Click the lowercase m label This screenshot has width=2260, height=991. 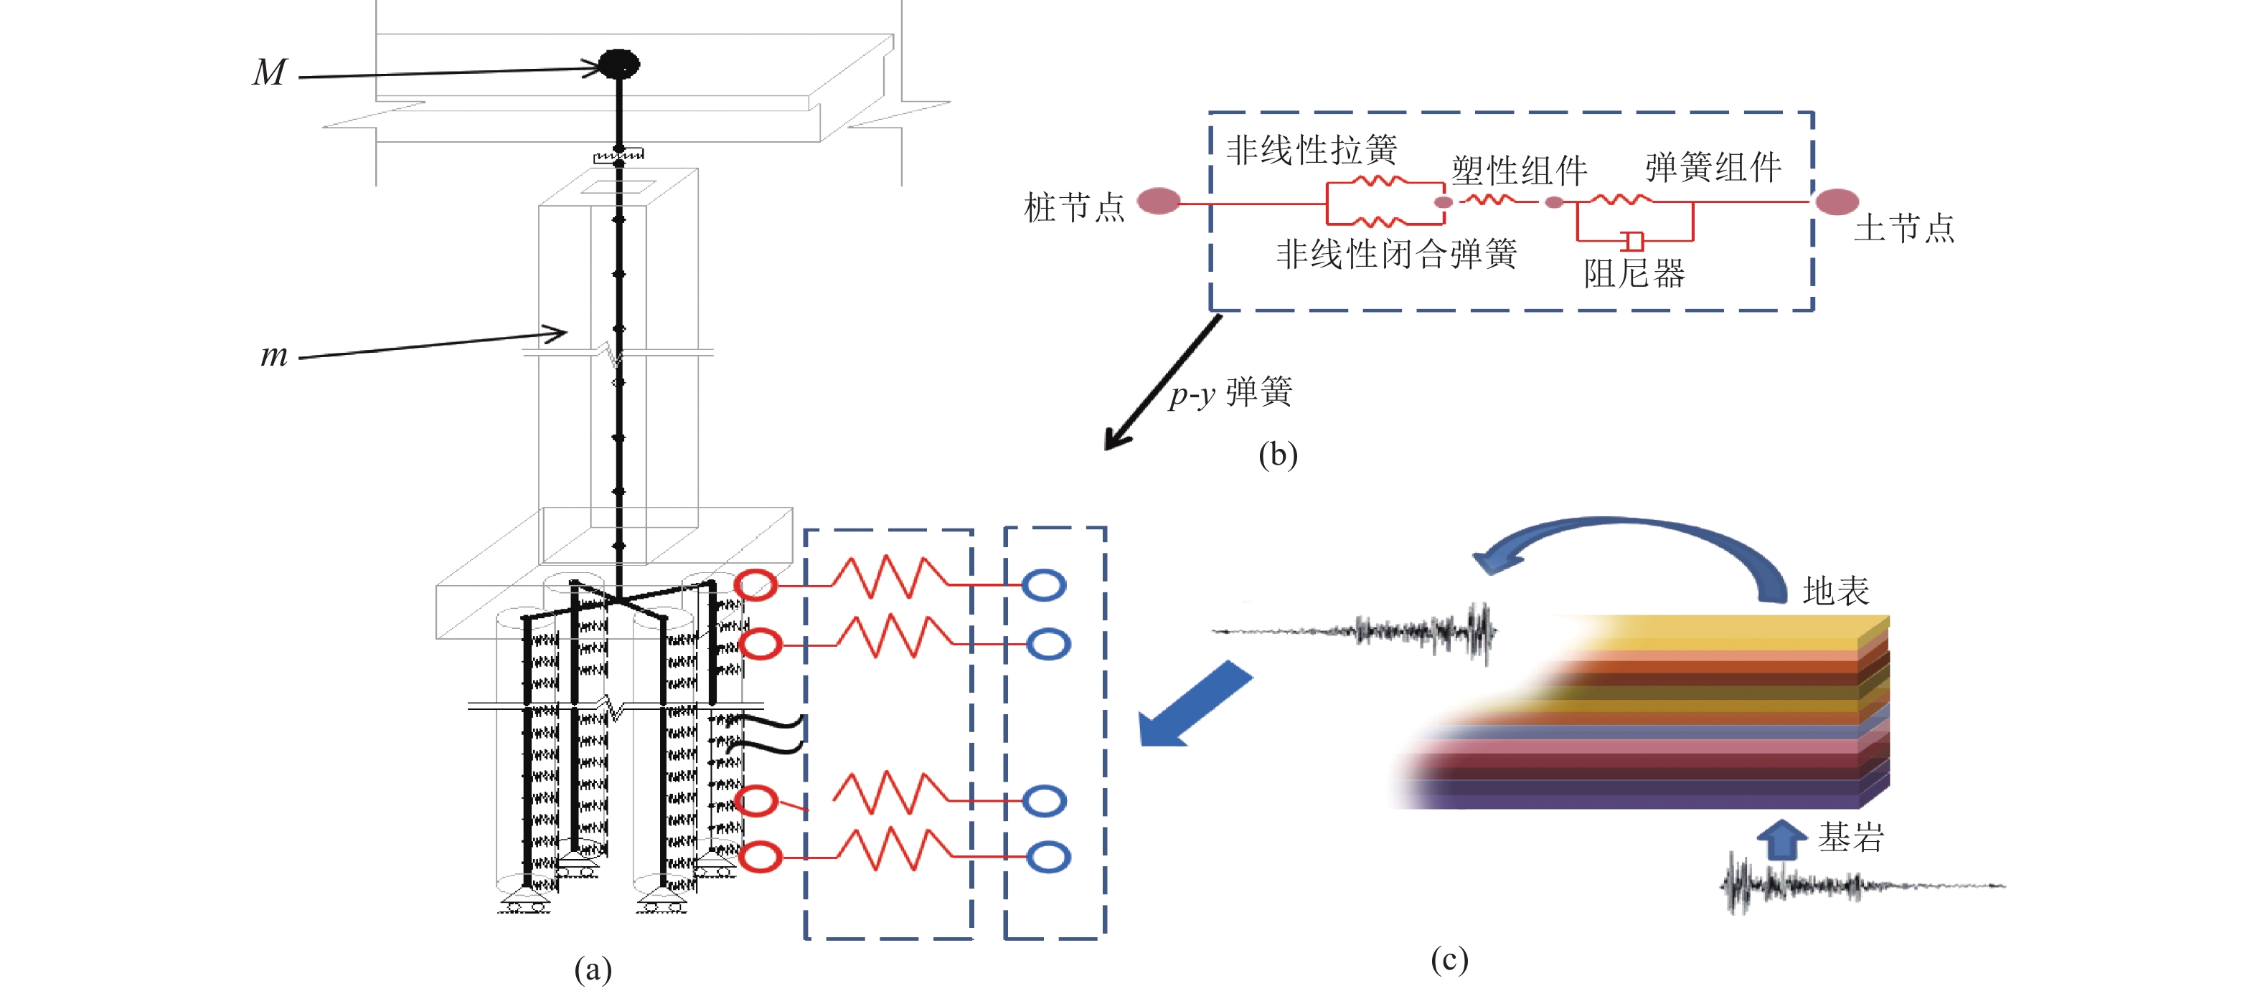[274, 355]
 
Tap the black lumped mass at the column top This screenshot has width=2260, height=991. [618, 64]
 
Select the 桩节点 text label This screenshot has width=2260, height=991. [1074, 208]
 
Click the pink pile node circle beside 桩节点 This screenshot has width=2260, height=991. [1159, 201]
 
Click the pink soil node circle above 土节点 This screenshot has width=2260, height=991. [1836, 201]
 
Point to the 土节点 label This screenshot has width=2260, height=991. [1904, 228]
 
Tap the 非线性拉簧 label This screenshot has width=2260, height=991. [1311, 150]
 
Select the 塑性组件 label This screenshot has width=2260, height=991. [1519, 170]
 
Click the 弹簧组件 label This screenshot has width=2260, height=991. [1713, 166]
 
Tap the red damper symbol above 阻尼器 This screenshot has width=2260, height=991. [1633, 240]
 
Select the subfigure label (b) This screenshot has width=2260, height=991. [1277, 455]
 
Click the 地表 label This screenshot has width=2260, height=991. [1835, 591]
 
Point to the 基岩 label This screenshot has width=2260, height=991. [1850, 838]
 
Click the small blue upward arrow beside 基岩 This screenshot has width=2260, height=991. [1780, 839]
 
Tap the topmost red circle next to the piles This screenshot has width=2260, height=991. [756, 585]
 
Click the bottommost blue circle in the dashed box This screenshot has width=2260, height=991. [1047, 857]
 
